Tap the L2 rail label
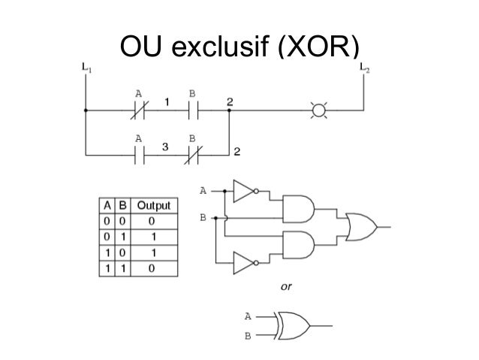tap(364, 68)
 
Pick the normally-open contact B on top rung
tap(192, 110)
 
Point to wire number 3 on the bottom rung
tap(165, 148)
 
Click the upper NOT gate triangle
tap(244, 192)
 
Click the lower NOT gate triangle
tap(244, 262)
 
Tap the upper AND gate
tap(299, 206)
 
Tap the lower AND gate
tap(299, 245)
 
